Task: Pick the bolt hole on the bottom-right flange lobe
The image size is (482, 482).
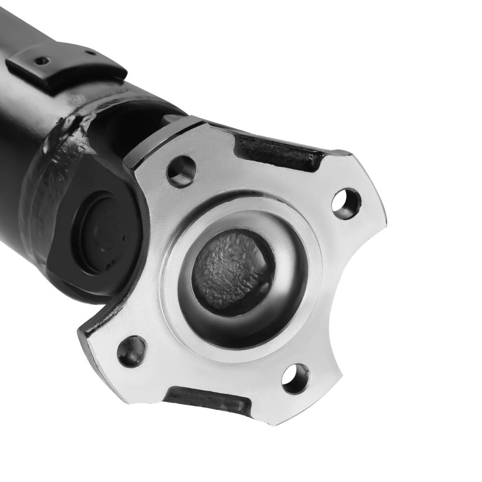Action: (x=295, y=379)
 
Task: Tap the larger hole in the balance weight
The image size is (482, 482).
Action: (x=42, y=61)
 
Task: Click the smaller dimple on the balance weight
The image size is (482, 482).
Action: (x=88, y=53)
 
